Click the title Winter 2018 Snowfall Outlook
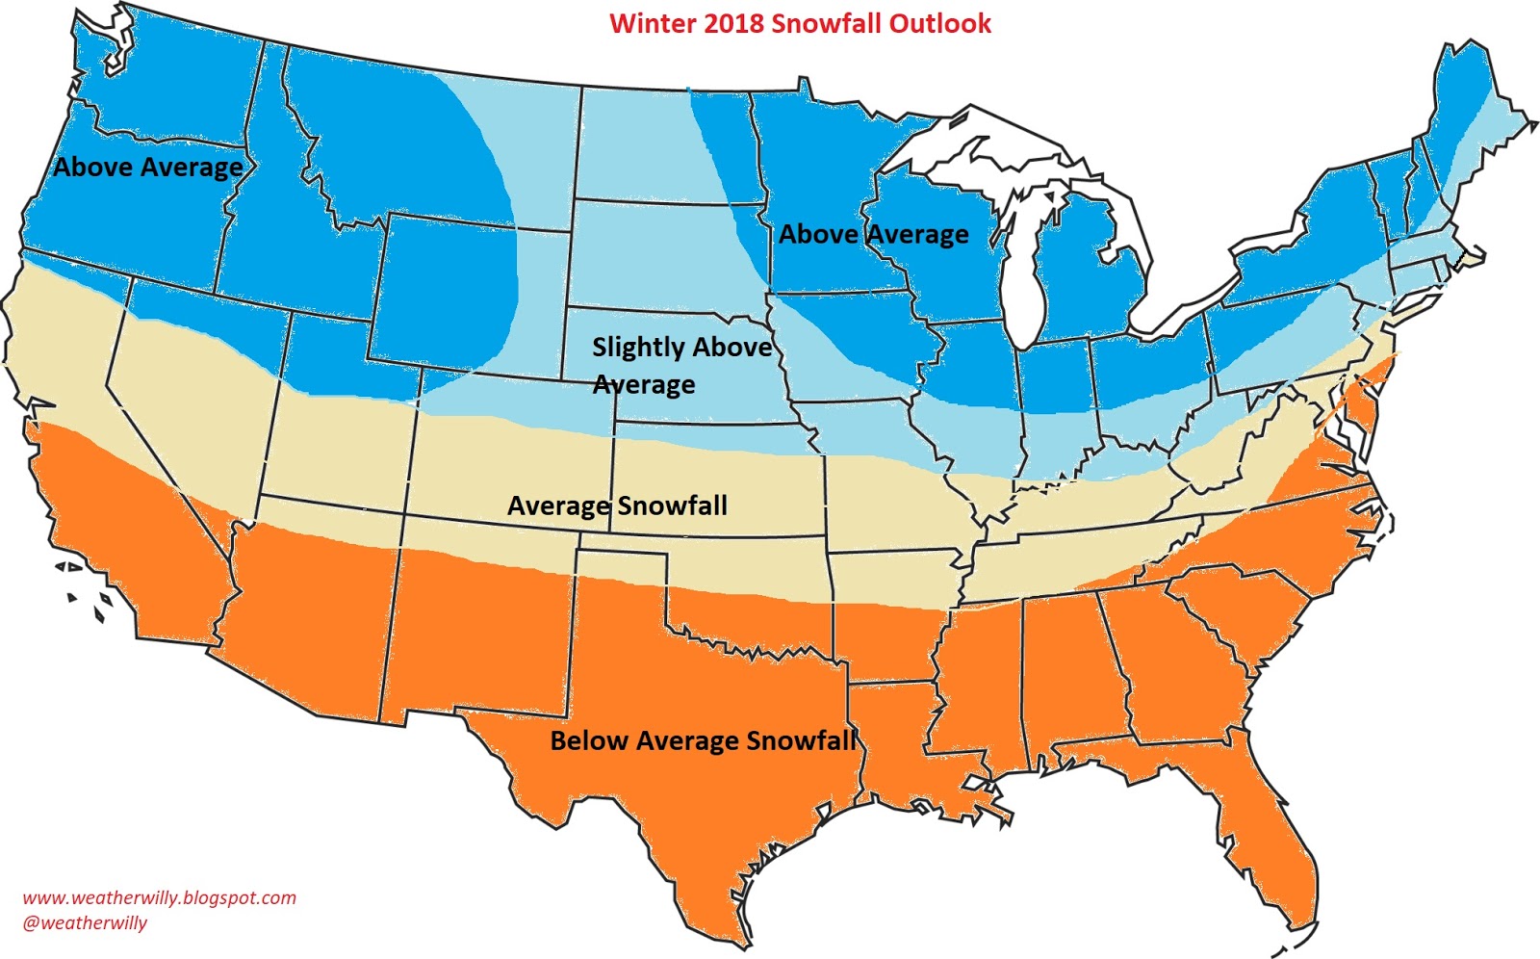point(800,23)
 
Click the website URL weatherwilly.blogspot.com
point(160,897)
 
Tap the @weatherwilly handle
point(85,922)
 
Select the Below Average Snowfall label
point(703,740)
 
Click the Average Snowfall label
point(617,505)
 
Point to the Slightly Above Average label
point(681,365)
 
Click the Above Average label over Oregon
point(148,167)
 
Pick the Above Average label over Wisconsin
point(873,234)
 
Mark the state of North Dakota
point(664,144)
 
